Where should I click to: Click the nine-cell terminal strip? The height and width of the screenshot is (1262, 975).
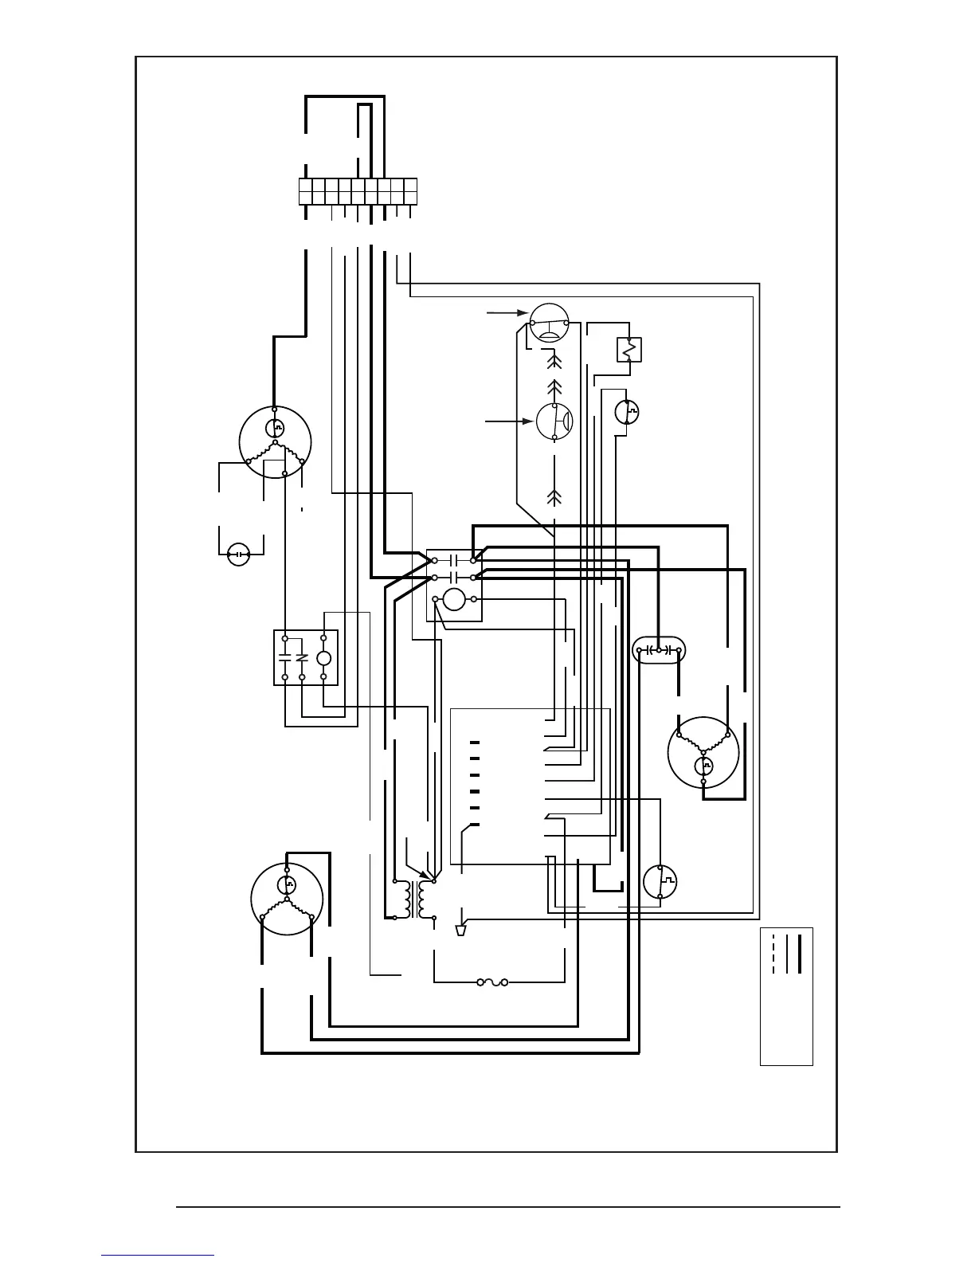tap(358, 191)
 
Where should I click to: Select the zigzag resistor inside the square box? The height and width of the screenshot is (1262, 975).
tap(629, 349)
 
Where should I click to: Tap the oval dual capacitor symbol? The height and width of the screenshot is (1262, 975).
tap(659, 650)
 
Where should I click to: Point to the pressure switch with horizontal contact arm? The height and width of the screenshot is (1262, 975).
tap(548, 322)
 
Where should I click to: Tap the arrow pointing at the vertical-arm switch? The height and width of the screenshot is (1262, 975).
tap(510, 421)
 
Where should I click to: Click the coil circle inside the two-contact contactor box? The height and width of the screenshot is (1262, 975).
tap(454, 599)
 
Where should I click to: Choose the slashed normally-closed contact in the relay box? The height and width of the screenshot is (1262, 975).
tap(302, 658)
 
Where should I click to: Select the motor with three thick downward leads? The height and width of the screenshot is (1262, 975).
tap(287, 898)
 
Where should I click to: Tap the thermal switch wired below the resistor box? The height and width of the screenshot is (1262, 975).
tap(628, 412)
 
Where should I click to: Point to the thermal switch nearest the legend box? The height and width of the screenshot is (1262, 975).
tap(660, 881)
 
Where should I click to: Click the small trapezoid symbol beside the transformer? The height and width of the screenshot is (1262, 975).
tap(460, 931)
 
